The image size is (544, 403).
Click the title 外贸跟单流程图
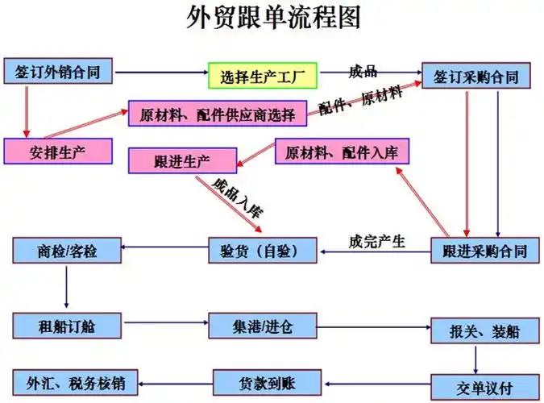(272, 18)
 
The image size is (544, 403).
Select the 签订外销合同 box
(57, 72)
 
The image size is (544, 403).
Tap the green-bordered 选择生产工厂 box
(263, 77)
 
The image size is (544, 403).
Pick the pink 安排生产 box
(57, 151)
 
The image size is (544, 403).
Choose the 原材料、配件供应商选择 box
(217, 114)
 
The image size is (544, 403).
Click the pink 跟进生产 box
(183, 160)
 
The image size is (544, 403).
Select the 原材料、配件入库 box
(343, 152)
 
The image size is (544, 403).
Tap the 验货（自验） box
(264, 251)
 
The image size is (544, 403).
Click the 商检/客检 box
(67, 251)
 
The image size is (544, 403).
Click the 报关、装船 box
(479, 330)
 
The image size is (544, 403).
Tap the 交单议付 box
(483, 386)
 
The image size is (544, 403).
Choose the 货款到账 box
(268, 380)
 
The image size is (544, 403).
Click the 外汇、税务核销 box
(75, 380)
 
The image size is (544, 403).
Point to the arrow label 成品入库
(239, 197)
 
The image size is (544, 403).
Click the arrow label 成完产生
(377, 239)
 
